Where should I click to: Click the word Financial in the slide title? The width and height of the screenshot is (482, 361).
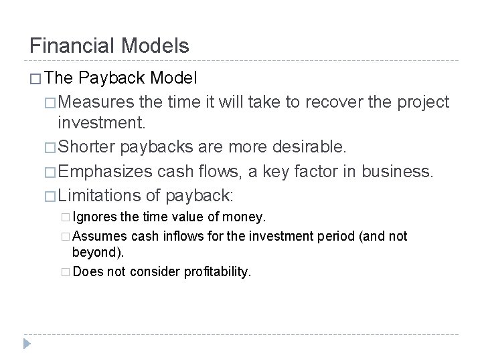tap(74, 45)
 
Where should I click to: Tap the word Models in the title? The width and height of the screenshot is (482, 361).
tap(157, 45)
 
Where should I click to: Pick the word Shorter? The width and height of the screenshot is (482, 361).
tap(89, 146)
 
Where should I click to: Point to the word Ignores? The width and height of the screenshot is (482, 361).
tap(93, 217)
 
